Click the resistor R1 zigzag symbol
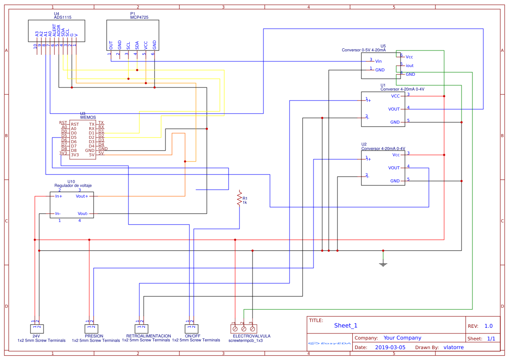(x=239, y=199)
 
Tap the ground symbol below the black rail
(x=383, y=263)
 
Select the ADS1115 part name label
(x=63, y=17)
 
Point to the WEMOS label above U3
(x=88, y=118)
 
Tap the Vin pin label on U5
(x=378, y=61)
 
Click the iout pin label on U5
(x=409, y=66)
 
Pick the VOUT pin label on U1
(x=394, y=109)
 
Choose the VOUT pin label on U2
(x=394, y=168)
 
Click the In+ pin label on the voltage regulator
(x=58, y=196)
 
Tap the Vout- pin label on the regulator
(x=83, y=214)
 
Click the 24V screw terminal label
(x=36, y=336)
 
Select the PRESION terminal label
(x=94, y=336)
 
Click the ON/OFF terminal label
(x=192, y=336)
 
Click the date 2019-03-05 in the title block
(x=390, y=347)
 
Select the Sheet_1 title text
(x=346, y=326)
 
